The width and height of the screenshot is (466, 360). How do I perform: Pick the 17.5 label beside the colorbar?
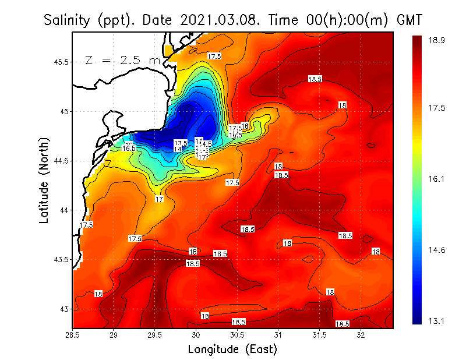click(437, 108)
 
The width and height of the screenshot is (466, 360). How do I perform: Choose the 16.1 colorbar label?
click(437, 179)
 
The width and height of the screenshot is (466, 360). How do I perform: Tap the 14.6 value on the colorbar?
click(437, 250)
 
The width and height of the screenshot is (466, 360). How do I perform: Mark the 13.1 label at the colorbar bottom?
click(437, 321)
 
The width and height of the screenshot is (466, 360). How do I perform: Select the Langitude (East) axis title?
click(232, 350)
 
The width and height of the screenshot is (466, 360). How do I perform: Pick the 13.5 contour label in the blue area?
click(181, 143)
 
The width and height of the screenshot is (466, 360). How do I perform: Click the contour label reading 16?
click(245, 126)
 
